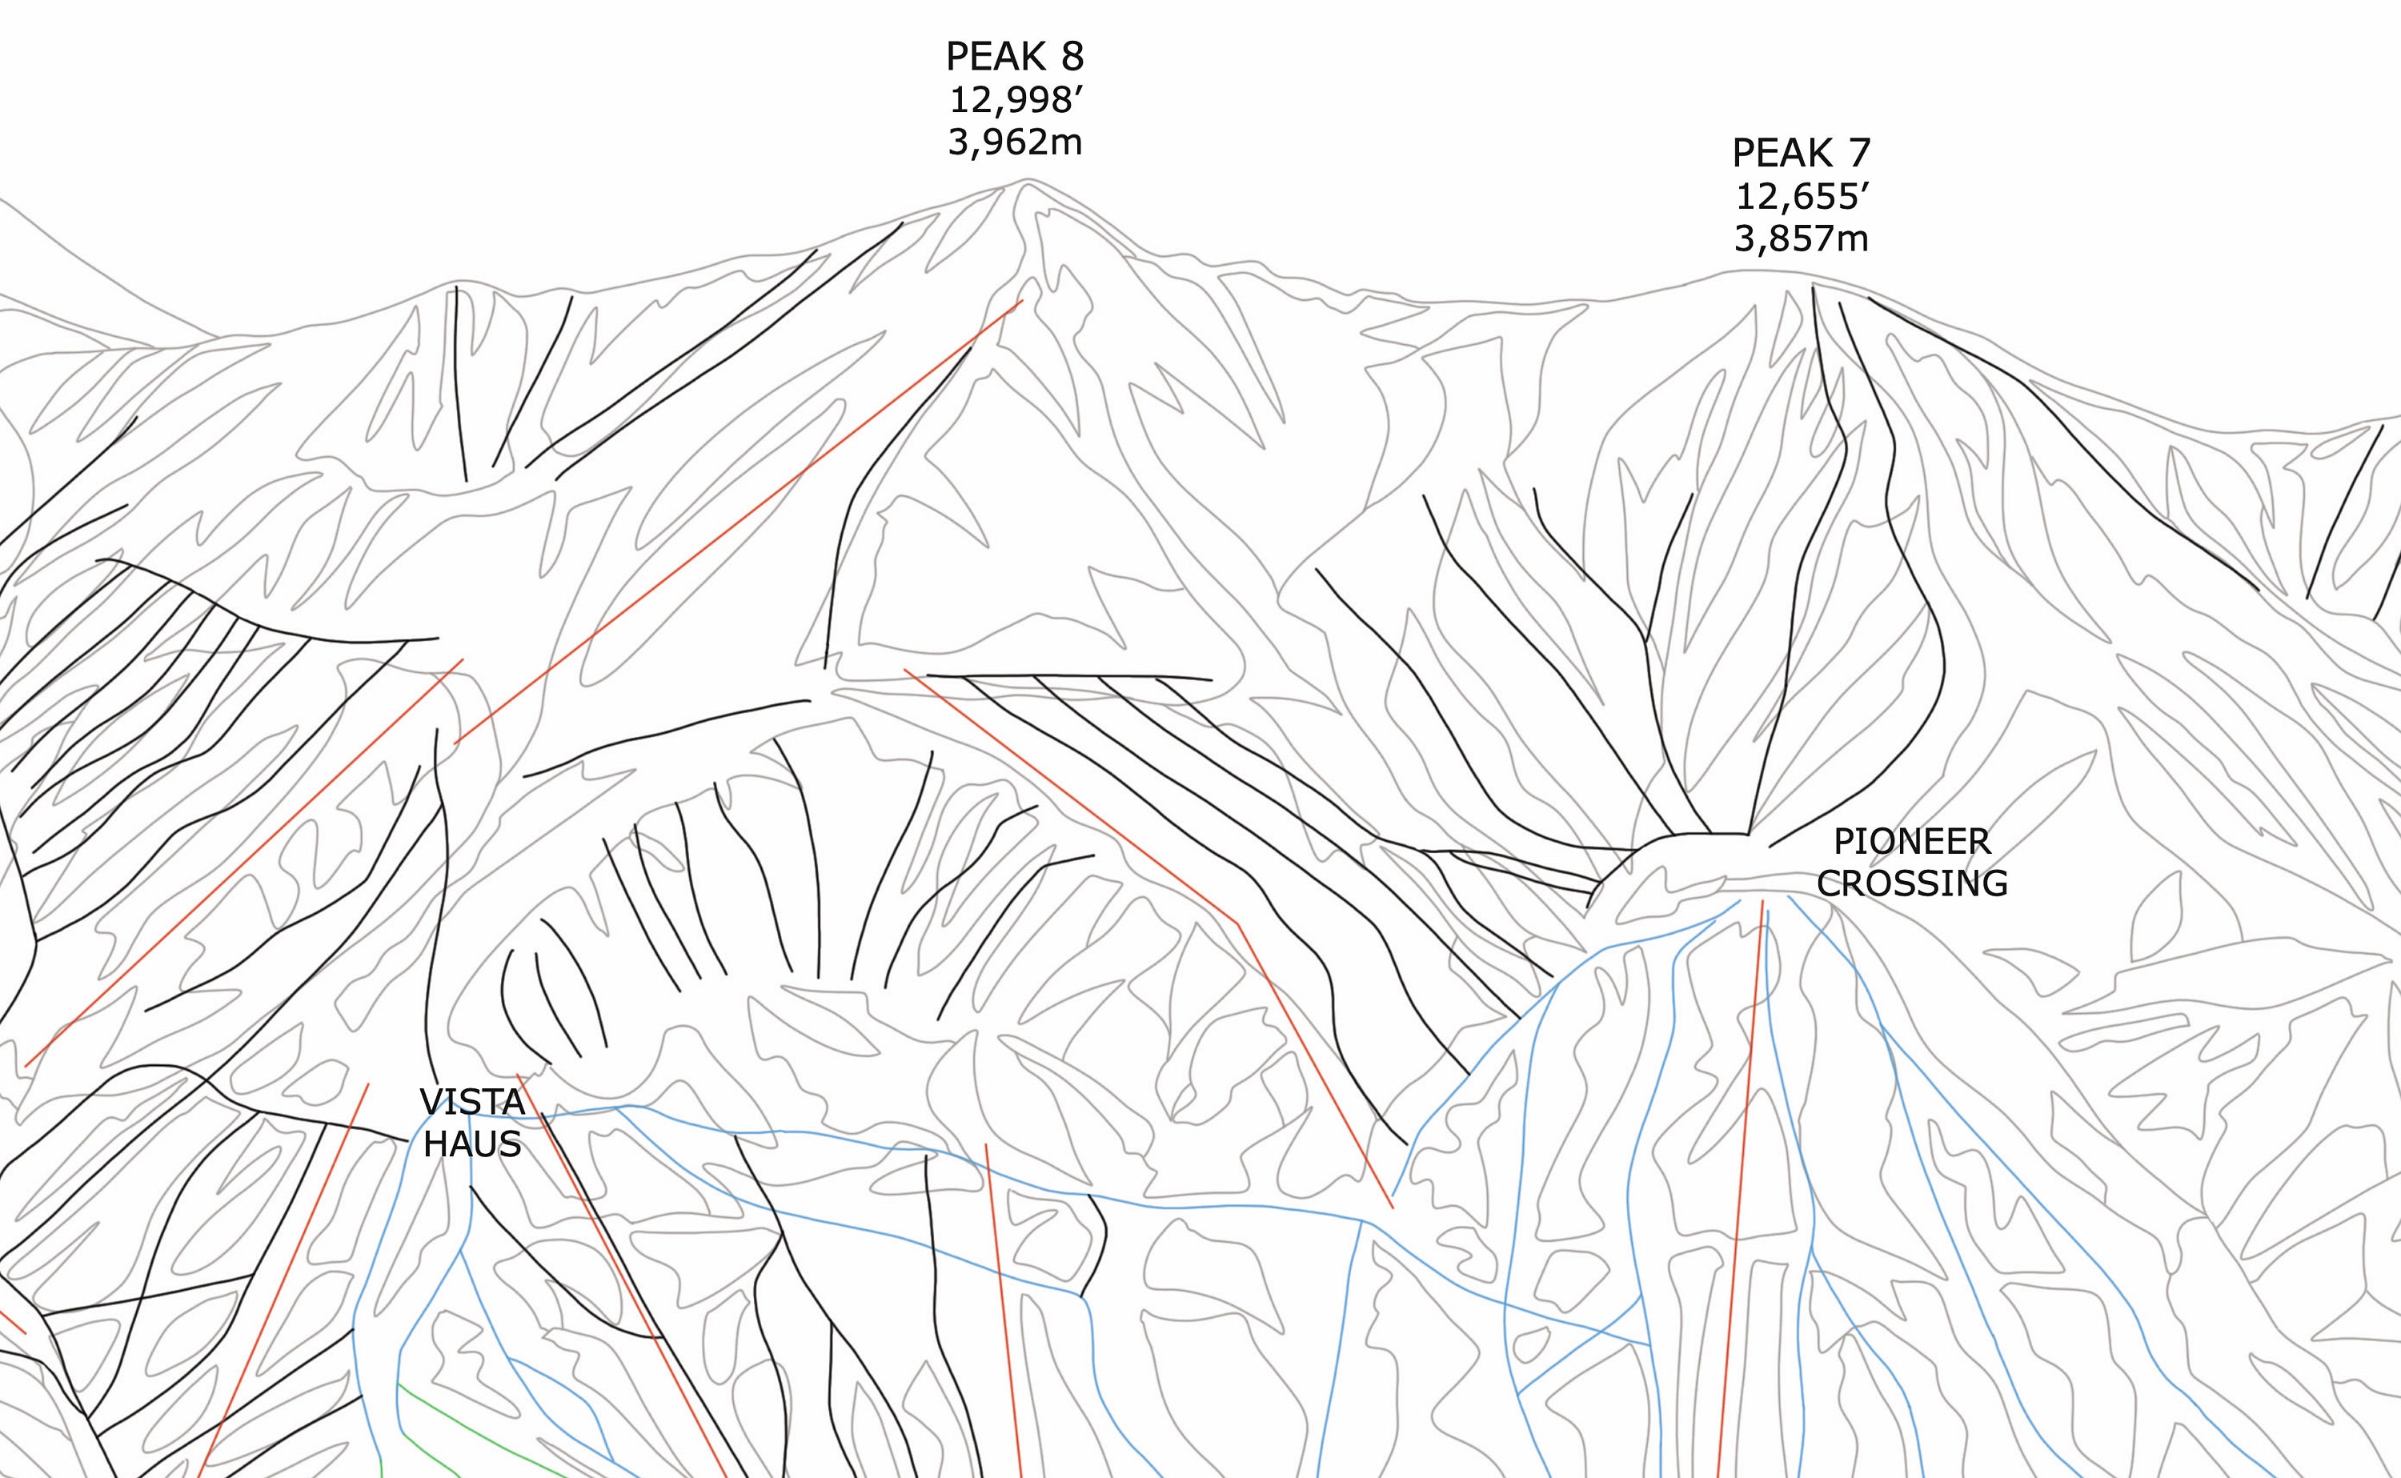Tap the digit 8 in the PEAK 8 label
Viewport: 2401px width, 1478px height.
[x=1072, y=57]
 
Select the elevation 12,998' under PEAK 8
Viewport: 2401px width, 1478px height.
[x=1015, y=100]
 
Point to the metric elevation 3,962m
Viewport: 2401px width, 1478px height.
[x=1015, y=142]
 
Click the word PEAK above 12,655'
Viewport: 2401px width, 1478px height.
[x=1782, y=154]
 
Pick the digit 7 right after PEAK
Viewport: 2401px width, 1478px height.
[x=1858, y=154]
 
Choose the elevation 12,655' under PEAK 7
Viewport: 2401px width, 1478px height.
[x=1801, y=197]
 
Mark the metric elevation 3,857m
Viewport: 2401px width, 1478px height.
[x=1801, y=238]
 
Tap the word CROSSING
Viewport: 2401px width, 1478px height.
[x=1911, y=883]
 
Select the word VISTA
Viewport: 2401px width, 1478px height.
[x=472, y=1102]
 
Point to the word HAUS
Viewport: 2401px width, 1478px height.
[x=472, y=1144]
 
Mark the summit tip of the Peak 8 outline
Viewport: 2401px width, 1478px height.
[x=1027, y=180]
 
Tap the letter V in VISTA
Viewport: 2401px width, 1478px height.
[x=430, y=1102]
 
